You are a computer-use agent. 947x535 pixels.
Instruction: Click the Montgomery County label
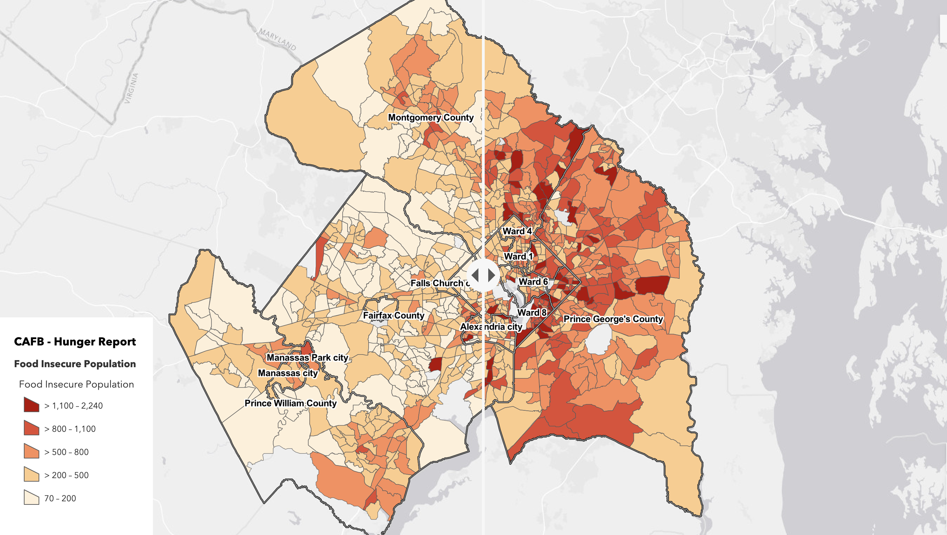[430, 117]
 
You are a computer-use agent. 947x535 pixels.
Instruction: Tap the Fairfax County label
[394, 315]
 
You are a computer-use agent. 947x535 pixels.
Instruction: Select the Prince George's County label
[613, 319]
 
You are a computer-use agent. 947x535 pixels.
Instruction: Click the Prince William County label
[290, 403]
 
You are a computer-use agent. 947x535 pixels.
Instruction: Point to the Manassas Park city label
[307, 358]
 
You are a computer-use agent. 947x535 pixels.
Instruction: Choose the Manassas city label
[288, 373]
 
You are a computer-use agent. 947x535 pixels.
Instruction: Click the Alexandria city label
[491, 327]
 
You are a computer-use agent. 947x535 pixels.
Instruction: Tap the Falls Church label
[439, 283]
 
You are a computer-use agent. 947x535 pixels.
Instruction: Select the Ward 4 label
[517, 231]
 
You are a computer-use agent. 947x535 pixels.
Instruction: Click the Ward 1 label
[518, 257]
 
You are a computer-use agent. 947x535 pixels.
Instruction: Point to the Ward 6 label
[533, 282]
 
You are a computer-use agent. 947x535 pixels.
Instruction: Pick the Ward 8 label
[532, 313]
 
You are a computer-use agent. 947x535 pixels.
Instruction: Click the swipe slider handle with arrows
[483, 275]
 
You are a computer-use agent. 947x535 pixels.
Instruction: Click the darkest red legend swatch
[31, 405]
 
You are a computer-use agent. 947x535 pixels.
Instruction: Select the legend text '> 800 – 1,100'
[70, 429]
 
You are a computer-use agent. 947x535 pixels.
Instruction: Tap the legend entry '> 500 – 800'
[66, 452]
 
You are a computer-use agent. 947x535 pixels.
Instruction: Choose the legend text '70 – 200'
[60, 498]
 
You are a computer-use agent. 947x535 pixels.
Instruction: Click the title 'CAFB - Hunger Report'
[75, 342]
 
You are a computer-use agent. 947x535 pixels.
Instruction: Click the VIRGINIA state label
[131, 88]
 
